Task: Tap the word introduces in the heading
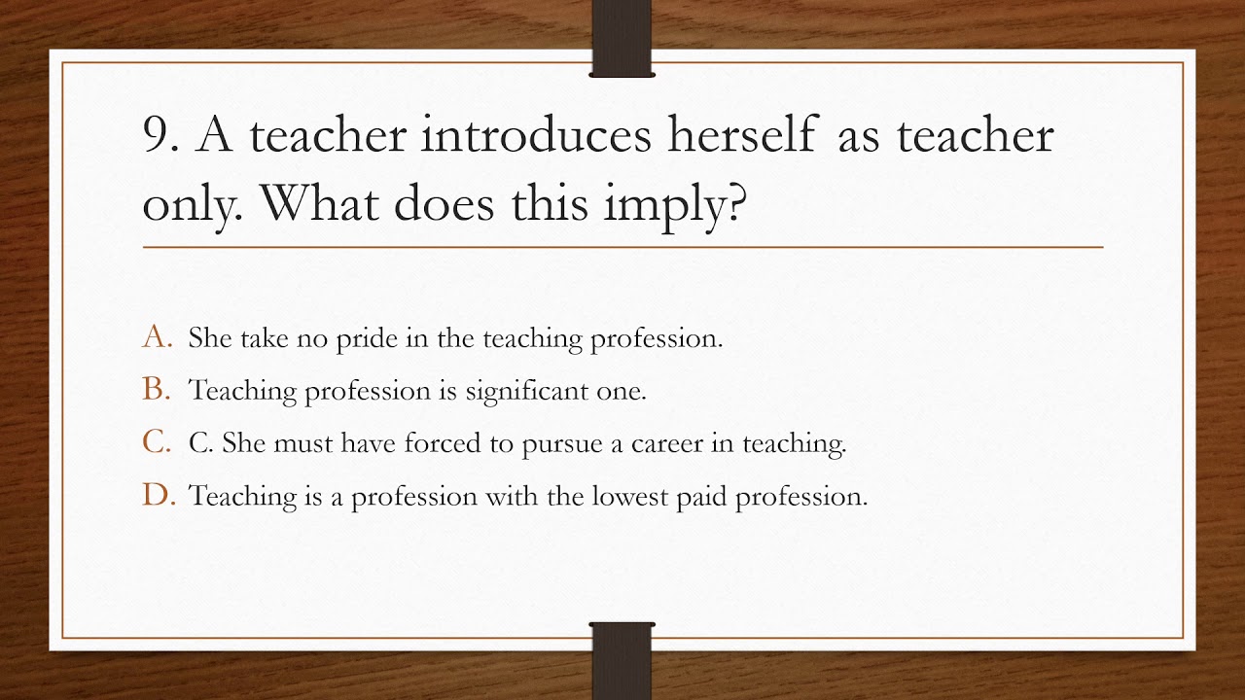point(536,134)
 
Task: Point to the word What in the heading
point(320,203)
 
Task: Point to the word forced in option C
point(443,442)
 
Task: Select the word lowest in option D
point(629,496)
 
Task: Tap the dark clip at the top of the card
point(622,38)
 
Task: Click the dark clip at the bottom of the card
point(622,661)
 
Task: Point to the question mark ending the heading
point(734,203)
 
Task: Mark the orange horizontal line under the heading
point(623,247)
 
